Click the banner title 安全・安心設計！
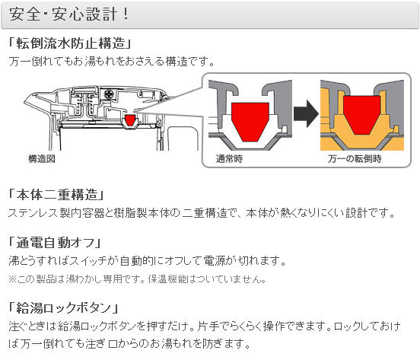coord(69,14)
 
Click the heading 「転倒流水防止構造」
coord(70,43)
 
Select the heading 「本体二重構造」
coord(56,195)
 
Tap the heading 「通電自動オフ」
coord(55,243)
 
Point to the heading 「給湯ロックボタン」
coord(63,307)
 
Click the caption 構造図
coord(42,158)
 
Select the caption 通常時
coord(229,158)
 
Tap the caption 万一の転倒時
coord(355,158)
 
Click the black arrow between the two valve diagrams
coord(306,113)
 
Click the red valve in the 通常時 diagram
coord(250,121)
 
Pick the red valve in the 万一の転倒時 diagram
coord(362,115)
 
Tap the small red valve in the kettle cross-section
coord(130,120)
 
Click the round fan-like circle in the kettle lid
coord(109,94)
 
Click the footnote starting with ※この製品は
coord(137,279)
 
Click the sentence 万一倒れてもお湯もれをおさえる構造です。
coord(112,62)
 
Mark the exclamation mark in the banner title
coord(125,14)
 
